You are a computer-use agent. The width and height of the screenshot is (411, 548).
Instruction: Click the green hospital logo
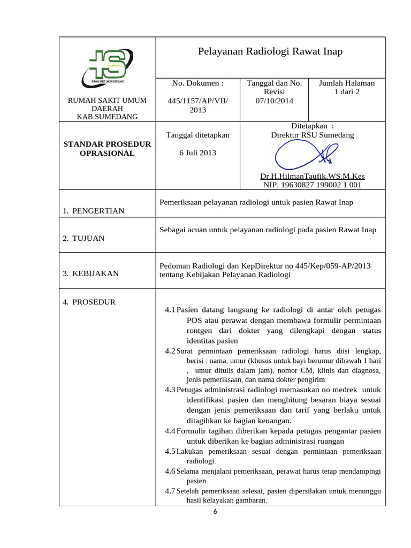(107, 68)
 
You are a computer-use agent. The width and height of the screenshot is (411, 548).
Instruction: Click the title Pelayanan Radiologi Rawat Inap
(270, 51)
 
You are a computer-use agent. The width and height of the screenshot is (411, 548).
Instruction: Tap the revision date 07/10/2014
(274, 100)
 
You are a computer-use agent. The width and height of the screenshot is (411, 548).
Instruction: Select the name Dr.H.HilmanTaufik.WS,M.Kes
(313, 176)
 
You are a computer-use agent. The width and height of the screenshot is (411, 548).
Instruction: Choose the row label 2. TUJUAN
(83, 239)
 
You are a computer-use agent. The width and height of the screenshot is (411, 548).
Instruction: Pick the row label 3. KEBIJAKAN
(90, 273)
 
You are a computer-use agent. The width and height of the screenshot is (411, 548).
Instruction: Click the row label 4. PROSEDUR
(89, 302)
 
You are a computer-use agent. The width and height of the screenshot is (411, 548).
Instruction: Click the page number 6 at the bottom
(216, 512)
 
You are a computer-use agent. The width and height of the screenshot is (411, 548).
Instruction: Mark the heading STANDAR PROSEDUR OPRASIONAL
(107, 149)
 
